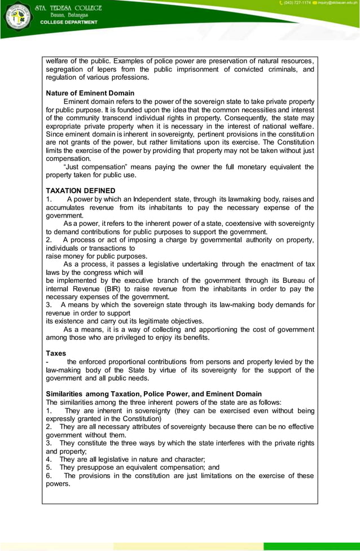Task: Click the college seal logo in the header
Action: click(17, 18)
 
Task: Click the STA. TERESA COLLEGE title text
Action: click(68, 8)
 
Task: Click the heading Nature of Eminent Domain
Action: click(90, 93)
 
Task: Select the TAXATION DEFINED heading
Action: click(81, 191)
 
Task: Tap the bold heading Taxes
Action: click(56, 353)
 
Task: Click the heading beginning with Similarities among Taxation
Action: click(153, 394)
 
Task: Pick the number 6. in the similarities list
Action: click(49, 475)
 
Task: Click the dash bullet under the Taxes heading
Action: click(47, 362)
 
